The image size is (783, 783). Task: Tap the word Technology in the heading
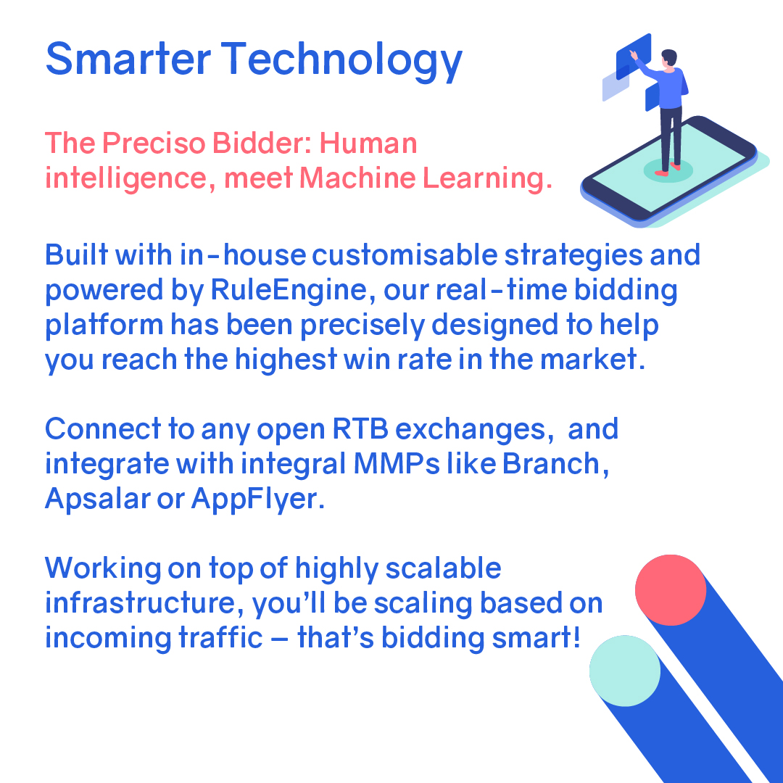click(x=342, y=61)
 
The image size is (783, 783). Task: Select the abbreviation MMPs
click(x=399, y=464)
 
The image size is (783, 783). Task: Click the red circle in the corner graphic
click(x=671, y=590)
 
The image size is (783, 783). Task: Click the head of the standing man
click(x=668, y=57)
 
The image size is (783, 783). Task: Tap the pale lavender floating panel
click(x=615, y=88)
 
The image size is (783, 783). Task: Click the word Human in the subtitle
click(x=368, y=144)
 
